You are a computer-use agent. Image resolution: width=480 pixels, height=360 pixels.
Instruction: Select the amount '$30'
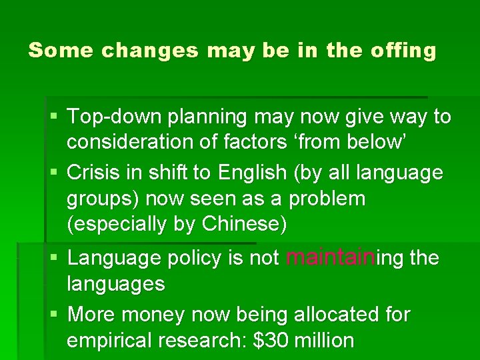click(271, 340)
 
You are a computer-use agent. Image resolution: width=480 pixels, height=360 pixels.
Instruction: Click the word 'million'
click(324, 340)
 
